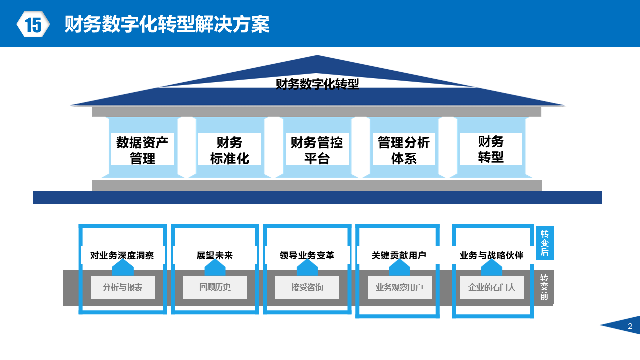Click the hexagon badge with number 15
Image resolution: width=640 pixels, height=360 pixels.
coord(33,24)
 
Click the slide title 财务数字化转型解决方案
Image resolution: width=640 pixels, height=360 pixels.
coord(167,24)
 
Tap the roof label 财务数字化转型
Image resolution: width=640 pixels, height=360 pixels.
coord(317,84)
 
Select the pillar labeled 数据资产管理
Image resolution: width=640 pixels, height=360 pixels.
coord(142,150)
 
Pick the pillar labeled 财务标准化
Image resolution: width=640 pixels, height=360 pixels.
coord(229,150)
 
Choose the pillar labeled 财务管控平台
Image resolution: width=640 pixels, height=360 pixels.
coord(317,150)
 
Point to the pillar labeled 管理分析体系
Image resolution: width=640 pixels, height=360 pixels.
coord(404,150)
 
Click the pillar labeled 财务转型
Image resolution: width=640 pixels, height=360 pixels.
coord(491,149)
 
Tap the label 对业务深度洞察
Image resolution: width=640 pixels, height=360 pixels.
coord(122,256)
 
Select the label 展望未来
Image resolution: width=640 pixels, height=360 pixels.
coord(215,256)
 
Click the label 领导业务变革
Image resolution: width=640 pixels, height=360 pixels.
coord(307,256)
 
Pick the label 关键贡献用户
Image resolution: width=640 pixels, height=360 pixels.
coord(399,256)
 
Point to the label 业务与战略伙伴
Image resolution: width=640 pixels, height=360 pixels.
coord(491,256)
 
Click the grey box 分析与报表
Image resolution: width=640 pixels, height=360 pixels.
coord(122,287)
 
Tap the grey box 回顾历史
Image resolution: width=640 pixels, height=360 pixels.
coord(215,287)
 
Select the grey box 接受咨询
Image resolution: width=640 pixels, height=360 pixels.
coord(307,287)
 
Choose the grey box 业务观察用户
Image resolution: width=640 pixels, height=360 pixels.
coord(399,287)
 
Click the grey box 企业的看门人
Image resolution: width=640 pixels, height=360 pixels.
coord(492,287)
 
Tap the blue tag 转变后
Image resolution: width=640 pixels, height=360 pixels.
coord(545,243)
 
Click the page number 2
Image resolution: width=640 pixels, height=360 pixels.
coord(630,326)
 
